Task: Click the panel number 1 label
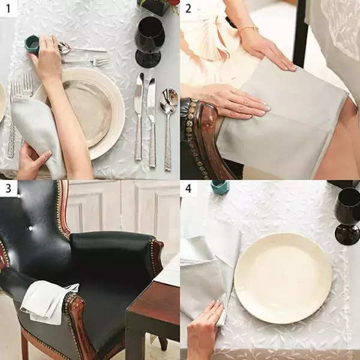(8, 9)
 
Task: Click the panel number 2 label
(188, 9)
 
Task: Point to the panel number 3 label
(8, 188)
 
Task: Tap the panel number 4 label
(188, 188)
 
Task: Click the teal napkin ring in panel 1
(32, 45)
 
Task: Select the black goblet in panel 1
(149, 42)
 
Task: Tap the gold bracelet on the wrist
(248, 29)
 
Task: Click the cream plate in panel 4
(283, 278)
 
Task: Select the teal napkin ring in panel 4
(220, 187)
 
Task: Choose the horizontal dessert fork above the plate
(85, 62)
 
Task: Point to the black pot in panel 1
(154, 7)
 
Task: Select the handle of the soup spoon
(168, 141)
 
